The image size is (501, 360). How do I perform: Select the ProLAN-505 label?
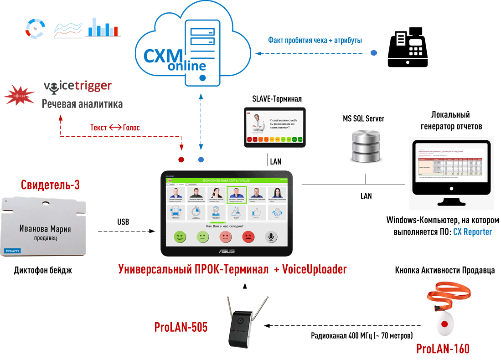(181, 327)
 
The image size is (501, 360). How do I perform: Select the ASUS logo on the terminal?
(225, 251)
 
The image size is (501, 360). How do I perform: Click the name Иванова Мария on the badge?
(45, 229)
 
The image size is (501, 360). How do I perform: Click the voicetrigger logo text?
(77, 86)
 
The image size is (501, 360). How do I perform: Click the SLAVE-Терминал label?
(277, 98)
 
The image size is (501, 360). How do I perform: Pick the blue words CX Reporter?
(472, 231)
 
